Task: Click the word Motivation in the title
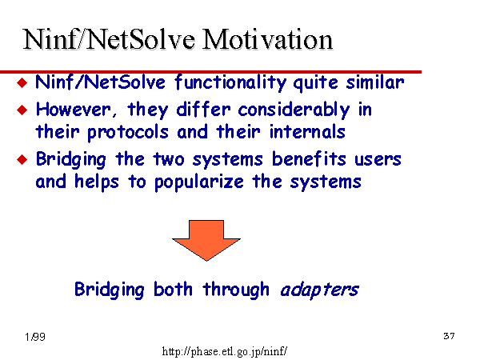click(x=267, y=39)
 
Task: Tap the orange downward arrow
click(x=206, y=240)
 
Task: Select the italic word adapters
click(x=319, y=290)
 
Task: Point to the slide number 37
click(x=449, y=336)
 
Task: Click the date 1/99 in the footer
click(x=35, y=337)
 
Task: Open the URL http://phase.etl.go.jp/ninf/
click(x=224, y=351)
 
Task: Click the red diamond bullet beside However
click(x=22, y=110)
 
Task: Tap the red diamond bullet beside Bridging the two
click(x=22, y=159)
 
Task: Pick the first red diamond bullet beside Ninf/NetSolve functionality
click(x=22, y=82)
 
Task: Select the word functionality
click(x=230, y=82)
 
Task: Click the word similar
click(x=375, y=82)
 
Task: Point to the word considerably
click(x=294, y=110)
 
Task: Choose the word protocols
click(x=128, y=133)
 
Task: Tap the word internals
click(x=307, y=132)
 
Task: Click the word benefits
click(x=309, y=159)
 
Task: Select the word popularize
click(x=199, y=182)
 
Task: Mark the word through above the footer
click(x=236, y=290)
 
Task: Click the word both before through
click(x=173, y=289)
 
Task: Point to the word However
click(x=76, y=110)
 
